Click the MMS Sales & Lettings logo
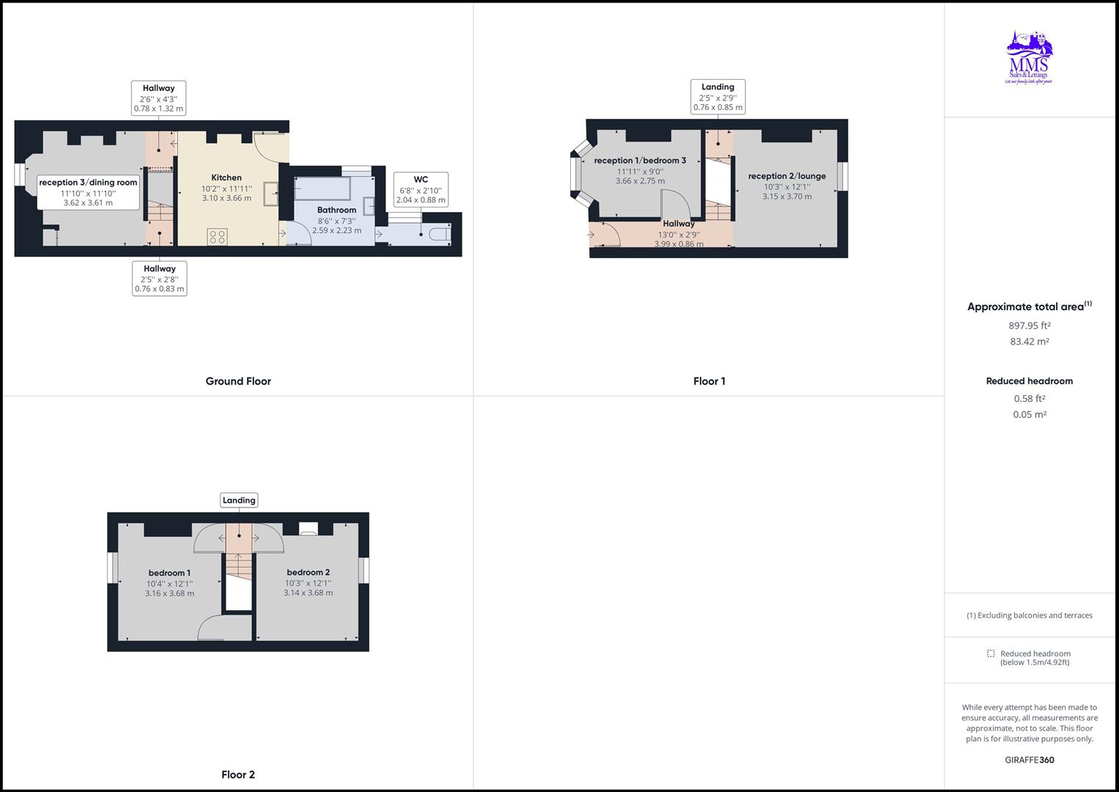[x=1029, y=58]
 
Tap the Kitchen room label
[x=226, y=177]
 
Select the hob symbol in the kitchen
[x=218, y=236]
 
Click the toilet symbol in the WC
[x=440, y=235]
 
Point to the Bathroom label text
[x=336, y=210]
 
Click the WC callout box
[x=421, y=189]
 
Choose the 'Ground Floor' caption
[x=238, y=381]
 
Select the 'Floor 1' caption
[x=709, y=381]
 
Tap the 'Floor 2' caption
[x=238, y=774]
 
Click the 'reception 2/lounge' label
[x=786, y=176]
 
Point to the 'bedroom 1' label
[x=169, y=573]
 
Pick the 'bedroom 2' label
[x=308, y=572]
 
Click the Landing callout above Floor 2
[x=239, y=500]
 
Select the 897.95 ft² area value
[x=1029, y=326]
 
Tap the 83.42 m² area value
[x=1029, y=342]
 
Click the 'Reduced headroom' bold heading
[x=1029, y=381]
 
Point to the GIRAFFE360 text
[x=1029, y=760]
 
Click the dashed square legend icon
[x=991, y=653]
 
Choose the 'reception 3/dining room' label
[x=88, y=183]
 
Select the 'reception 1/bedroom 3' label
[x=640, y=161]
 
